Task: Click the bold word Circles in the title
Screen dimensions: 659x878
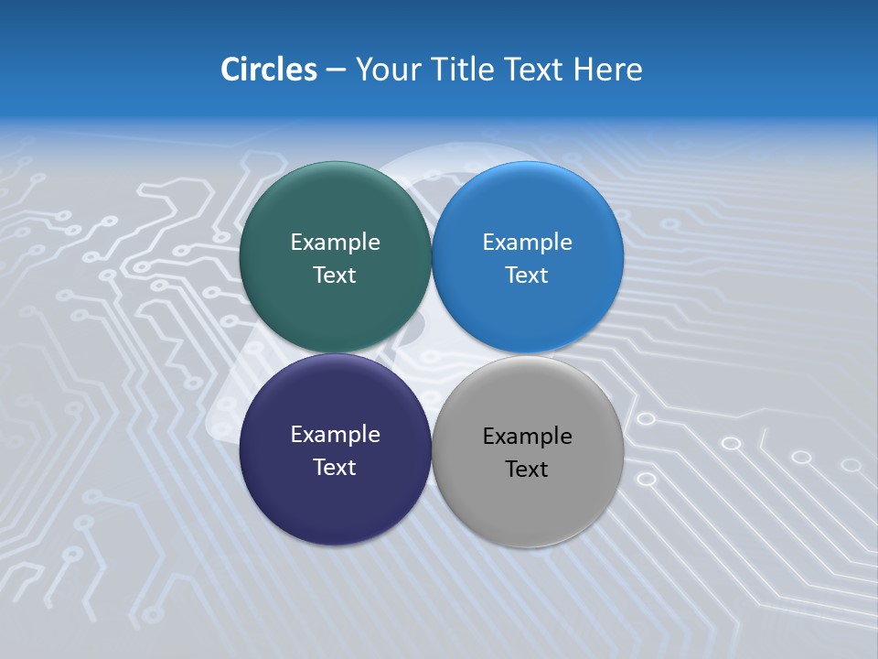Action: [x=268, y=70]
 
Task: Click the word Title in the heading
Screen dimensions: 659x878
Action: [x=465, y=70]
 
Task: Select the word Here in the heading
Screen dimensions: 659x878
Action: [x=607, y=70]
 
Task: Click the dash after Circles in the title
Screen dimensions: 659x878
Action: [x=336, y=70]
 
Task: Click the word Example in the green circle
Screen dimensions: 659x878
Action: [x=335, y=243]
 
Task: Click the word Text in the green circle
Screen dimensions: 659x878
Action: [x=335, y=275]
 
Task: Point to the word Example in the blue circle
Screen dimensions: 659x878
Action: [x=528, y=243]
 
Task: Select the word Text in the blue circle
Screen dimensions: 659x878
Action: [x=528, y=275]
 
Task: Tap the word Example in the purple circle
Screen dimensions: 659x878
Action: [x=335, y=435]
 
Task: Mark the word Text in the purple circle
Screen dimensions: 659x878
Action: [x=335, y=468]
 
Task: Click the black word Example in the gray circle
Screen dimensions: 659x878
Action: [x=528, y=437]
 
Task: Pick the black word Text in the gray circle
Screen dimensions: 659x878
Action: [x=528, y=470]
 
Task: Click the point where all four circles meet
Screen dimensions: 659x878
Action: [x=432, y=353]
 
